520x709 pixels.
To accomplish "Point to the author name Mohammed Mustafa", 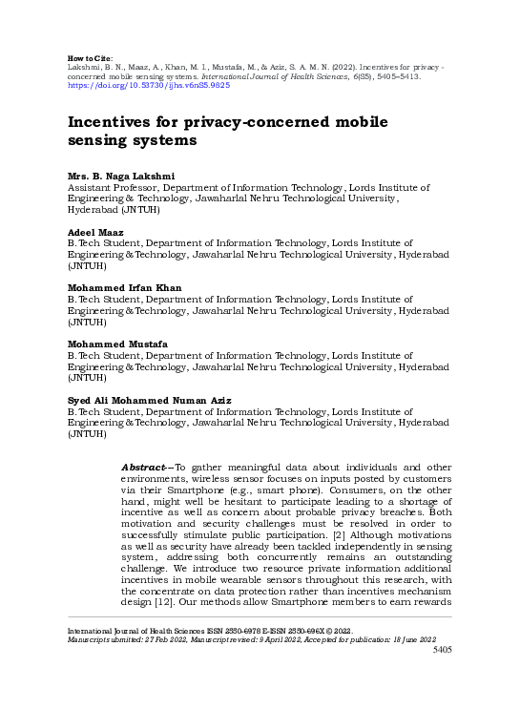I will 113,343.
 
